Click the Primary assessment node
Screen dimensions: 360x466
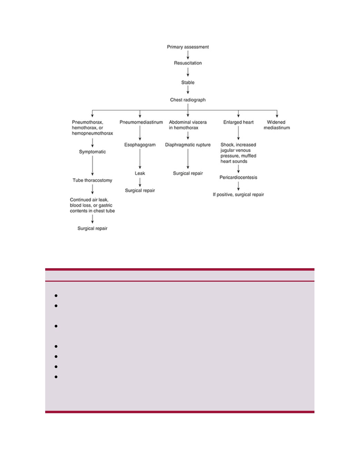tap(188, 47)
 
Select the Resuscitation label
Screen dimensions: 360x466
tap(188, 63)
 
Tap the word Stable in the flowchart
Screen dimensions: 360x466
tap(188, 82)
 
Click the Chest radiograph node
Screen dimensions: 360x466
tap(188, 100)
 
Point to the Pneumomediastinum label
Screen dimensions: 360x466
tap(141, 122)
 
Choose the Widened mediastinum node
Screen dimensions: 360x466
tap(276, 125)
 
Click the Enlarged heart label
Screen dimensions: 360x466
tap(238, 122)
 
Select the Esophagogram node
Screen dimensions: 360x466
tap(140, 145)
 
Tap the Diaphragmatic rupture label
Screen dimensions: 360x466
tap(188, 145)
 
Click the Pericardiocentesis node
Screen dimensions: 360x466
tap(238, 177)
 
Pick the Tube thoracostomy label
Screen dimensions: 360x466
tap(92, 180)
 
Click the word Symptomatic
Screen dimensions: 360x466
tap(92, 152)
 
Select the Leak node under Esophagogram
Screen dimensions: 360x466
tap(140, 173)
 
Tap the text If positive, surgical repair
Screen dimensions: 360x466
tap(238, 194)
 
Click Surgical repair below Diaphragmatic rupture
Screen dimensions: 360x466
tap(188, 173)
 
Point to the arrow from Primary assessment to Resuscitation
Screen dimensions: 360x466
tap(188, 55)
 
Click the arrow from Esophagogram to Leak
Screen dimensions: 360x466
tap(140, 159)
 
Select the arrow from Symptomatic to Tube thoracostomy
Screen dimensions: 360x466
tap(93, 166)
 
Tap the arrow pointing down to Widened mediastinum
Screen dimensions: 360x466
tap(277, 114)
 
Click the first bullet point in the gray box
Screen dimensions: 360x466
tap(56, 296)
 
